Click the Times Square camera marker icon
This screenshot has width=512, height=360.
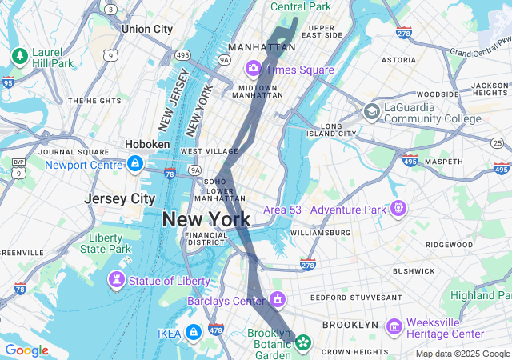(254, 69)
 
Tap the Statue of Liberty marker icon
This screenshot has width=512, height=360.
(117, 280)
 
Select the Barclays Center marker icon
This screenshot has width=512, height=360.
(278, 300)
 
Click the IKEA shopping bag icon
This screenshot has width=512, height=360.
(193, 332)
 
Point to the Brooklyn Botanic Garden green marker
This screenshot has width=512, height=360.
(302, 343)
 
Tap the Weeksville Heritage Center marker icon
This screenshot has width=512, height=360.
(393, 326)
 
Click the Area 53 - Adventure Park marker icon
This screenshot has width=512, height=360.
(398, 209)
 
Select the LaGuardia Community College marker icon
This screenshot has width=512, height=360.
(371, 111)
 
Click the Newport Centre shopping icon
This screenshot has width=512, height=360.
(134, 164)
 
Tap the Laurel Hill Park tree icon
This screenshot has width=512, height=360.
(19, 56)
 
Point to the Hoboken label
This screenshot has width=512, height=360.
(147, 144)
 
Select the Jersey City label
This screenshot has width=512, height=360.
(120, 198)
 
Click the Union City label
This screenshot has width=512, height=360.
(147, 29)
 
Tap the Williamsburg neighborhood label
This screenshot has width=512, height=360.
(320, 233)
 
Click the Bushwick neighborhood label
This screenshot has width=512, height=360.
(413, 271)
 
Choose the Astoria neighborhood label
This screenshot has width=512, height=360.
(398, 59)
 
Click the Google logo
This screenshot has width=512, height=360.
(26, 350)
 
